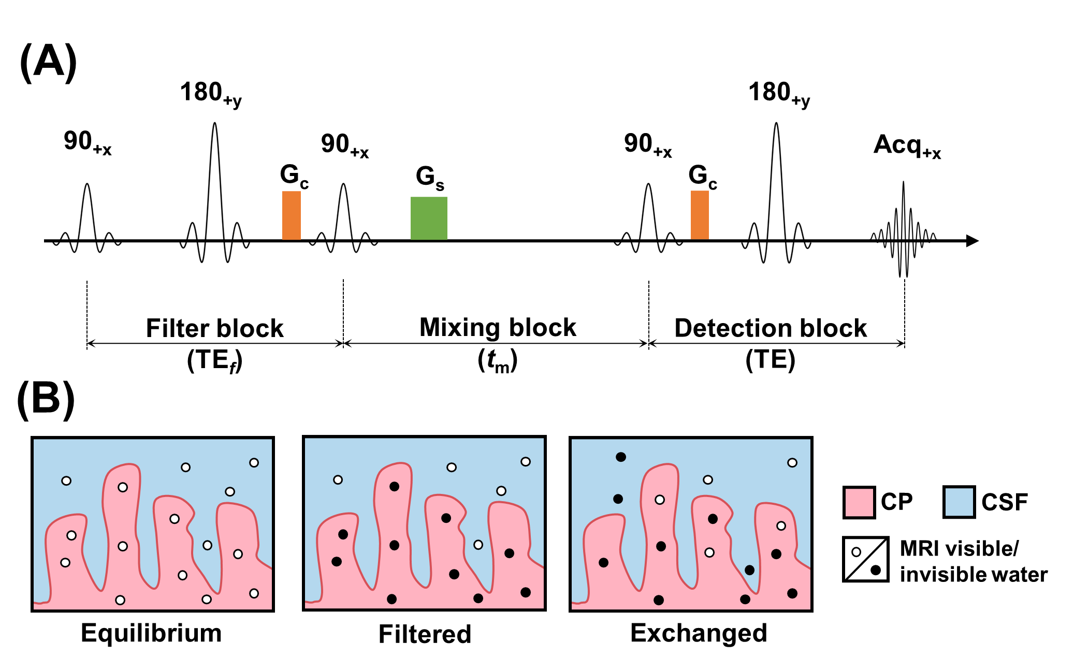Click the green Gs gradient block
pos(429,218)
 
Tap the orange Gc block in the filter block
pos(292,215)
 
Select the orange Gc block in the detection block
pos(700,215)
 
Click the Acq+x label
pos(907,145)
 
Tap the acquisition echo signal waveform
pos(904,229)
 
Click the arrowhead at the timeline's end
pos(973,241)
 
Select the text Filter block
pos(214,328)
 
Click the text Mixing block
pos(498,327)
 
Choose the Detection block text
pos(771,328)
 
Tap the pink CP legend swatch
pos(859,502)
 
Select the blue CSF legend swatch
pos(960,502)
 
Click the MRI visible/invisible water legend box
pos(866,560)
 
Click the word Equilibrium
pos(151,633)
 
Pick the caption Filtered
pos(425,634)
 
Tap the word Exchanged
pos(699,633)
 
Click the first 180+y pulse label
pos(211,94)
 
